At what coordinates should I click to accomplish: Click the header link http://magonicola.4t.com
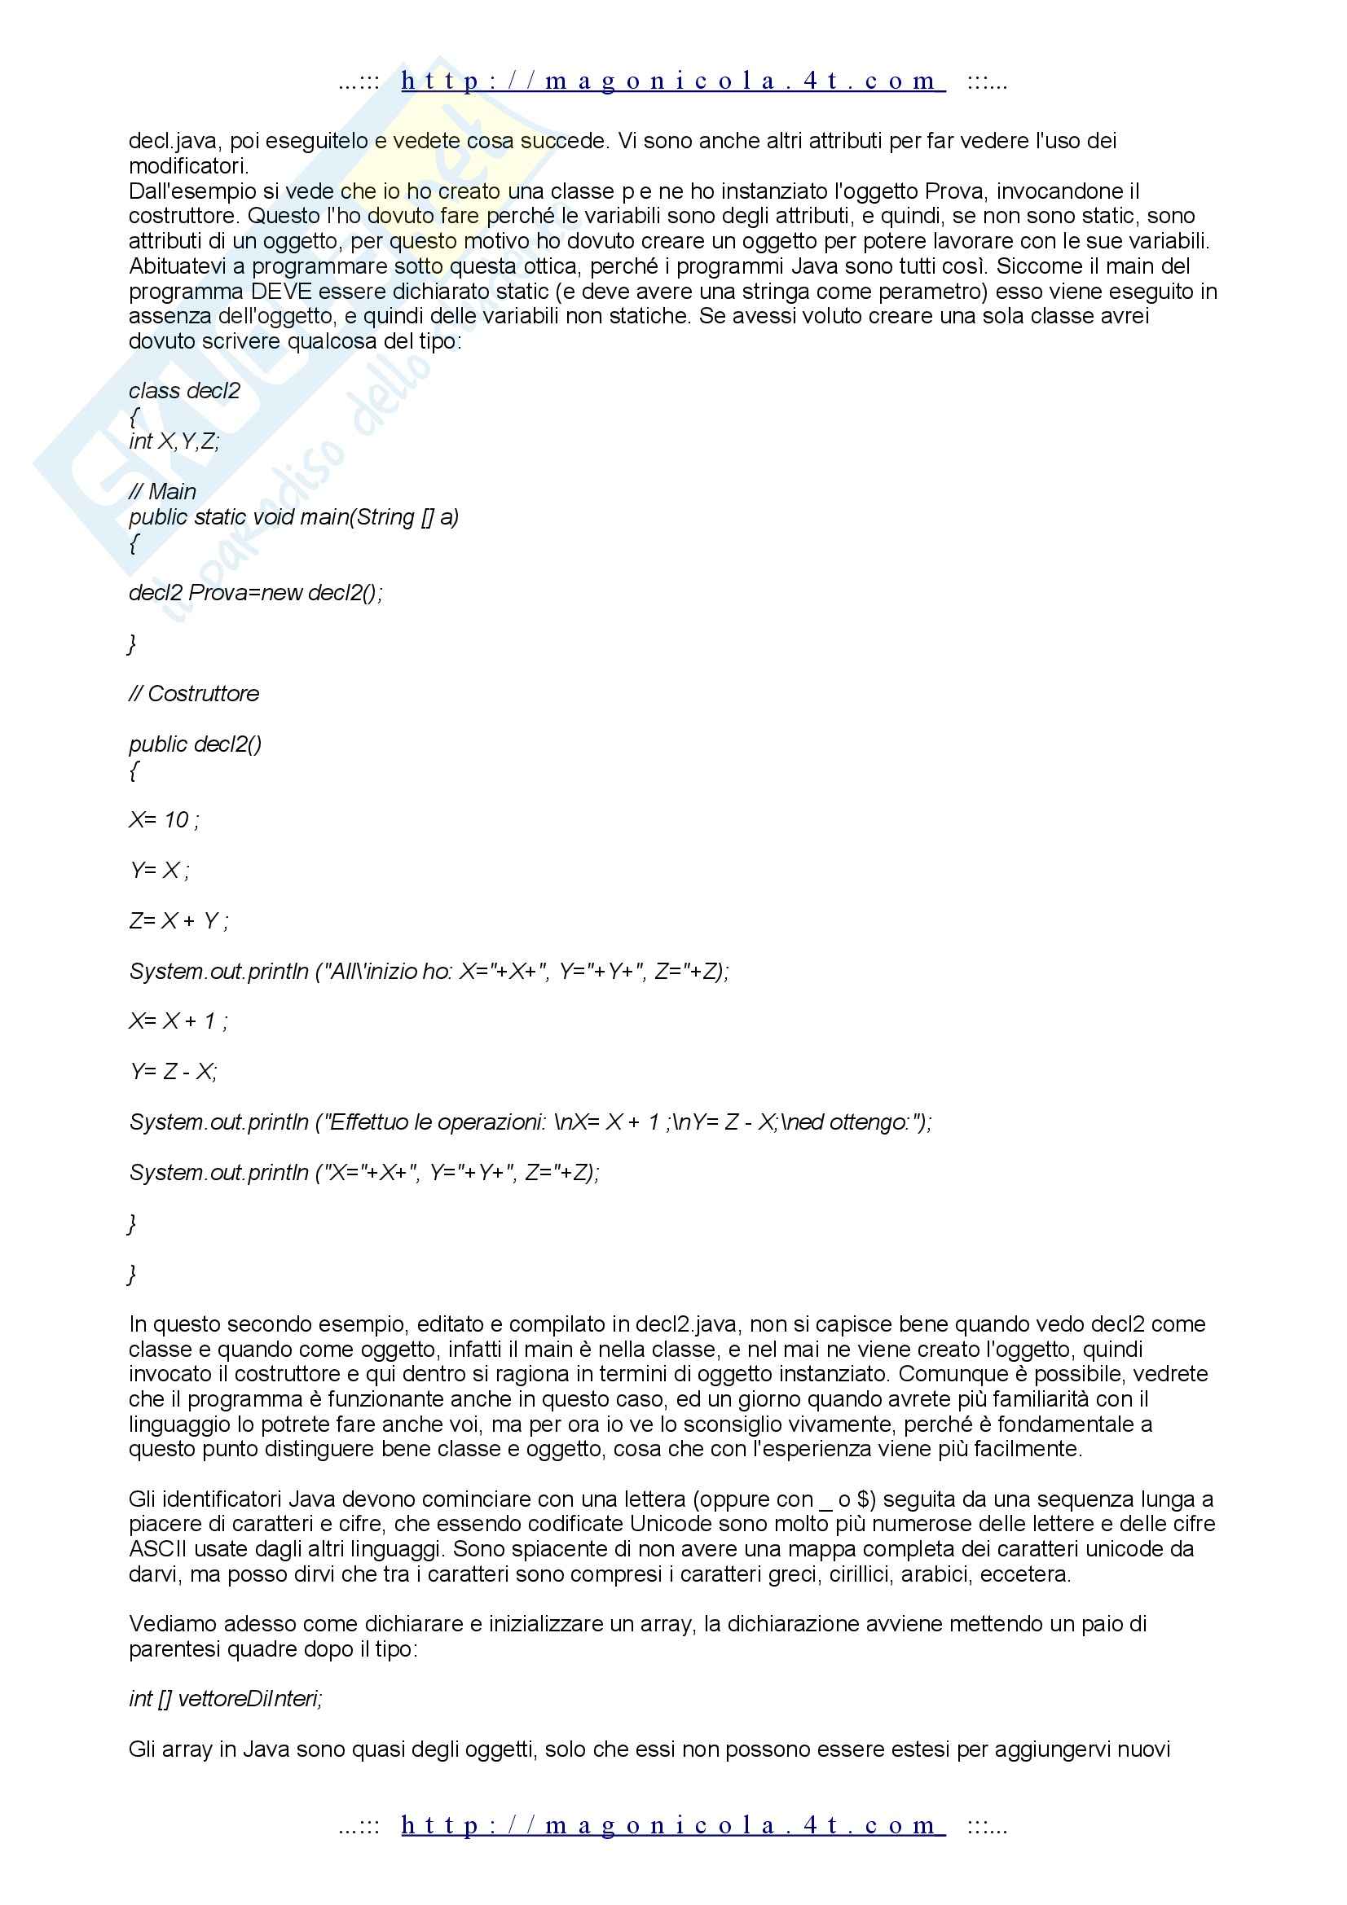coord(672,81)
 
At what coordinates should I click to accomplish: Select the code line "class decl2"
coord(184,391)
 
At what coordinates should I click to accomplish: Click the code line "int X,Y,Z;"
coord(174,441)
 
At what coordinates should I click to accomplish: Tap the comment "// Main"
coord(163,492)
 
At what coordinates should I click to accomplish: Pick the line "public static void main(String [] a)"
coord(294,517)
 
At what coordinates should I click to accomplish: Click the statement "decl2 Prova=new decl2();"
coord(256,593)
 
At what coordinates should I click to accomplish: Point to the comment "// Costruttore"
coord(194,694)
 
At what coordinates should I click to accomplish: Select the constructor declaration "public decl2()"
coord(195,744)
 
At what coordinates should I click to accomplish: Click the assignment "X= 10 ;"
coord(165,821)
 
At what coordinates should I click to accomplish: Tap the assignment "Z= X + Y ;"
coord(179,921)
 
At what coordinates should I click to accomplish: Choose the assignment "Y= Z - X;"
coord(174,1072)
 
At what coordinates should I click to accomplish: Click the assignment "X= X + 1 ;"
coord(178,1021)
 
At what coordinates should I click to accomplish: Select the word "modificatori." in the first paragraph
coord(188,166)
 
